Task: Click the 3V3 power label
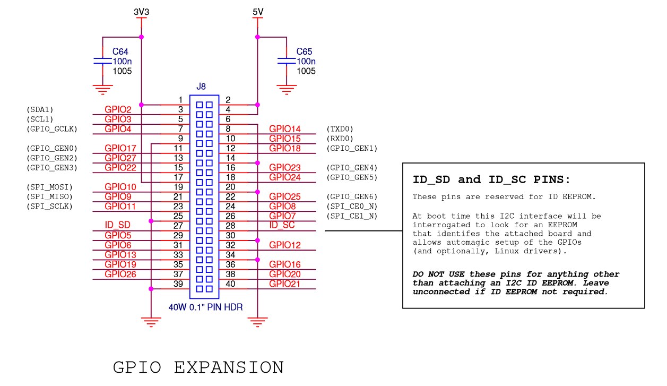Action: (x=141, y=11)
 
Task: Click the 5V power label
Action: (x=258, y=11)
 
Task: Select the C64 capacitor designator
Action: (x=120, y=52)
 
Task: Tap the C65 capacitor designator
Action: (x=304, y=52)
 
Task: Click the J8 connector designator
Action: (x=201, y=87)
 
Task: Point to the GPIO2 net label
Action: (x=118, y=110)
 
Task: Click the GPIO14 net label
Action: (x=284, y=129)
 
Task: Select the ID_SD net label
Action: (x=117, y=226)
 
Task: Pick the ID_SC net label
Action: (x=282, y=225)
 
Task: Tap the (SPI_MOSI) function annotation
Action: (x=49, y=187)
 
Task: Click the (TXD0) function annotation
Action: (x=340, y=129)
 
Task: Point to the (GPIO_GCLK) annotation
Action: (x=52, y=129)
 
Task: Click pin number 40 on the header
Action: (x=230, y=284)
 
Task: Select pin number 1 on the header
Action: (x=180, y=100)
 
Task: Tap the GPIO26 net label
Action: (x=120, y=274)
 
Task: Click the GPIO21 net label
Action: (x=284, y=284)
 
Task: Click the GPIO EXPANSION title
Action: (x=198, y=367)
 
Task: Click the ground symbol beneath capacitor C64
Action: (x=102, y=89)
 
